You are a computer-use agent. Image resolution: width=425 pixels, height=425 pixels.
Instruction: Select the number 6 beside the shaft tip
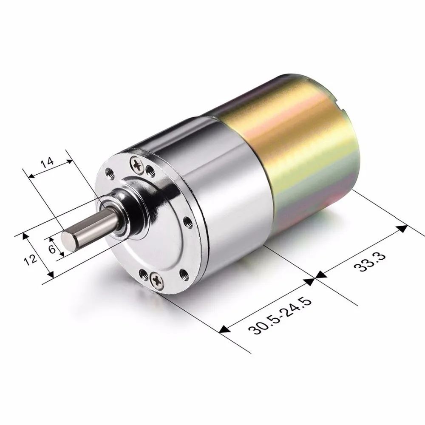point(52,249)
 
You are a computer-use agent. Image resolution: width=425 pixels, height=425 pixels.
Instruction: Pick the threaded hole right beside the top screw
point(149,170)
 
